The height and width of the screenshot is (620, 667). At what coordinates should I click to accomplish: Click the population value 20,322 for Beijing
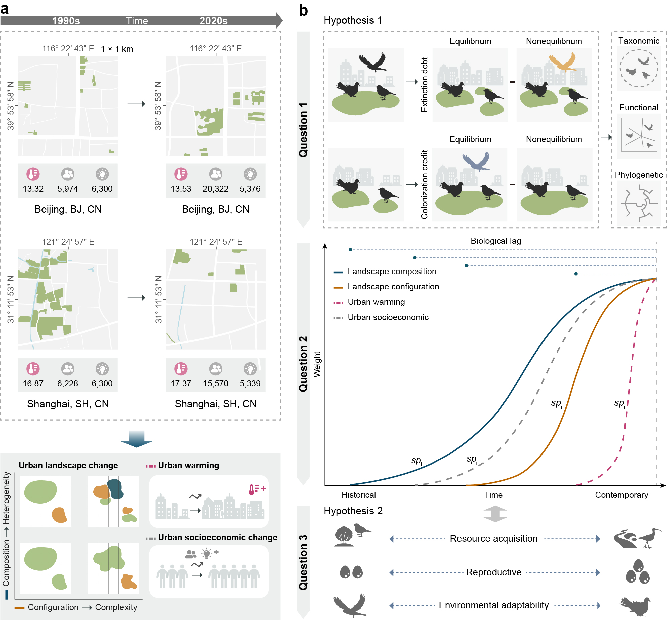click(215, 189)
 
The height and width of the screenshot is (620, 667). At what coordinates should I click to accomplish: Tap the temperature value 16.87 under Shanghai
click(33, 383)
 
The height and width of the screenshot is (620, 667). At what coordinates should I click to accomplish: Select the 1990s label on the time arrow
click(66, 21)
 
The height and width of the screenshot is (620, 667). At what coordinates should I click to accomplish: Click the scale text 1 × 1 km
click(117, 49)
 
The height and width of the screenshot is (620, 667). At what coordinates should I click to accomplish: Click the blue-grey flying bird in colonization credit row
click(476, 161)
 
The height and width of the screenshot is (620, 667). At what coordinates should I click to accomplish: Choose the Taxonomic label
click(639, 41)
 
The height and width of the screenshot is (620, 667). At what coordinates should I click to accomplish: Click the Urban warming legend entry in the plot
click(376, 302)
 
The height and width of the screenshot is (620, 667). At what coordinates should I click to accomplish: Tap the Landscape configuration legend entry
click(393, 287)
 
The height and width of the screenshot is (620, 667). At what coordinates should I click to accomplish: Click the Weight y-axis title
click(317, 364)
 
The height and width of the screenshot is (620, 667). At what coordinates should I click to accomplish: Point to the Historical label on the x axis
click(358, 495)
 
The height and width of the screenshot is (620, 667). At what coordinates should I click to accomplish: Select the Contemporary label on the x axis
click(621, 495)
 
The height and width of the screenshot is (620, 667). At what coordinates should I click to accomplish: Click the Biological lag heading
click(496, 241)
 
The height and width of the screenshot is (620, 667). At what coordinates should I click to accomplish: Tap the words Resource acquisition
click(493, 538)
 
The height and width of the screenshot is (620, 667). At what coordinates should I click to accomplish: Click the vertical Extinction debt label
click(424, 85)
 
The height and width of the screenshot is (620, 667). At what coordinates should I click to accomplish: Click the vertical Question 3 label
click(303, 562)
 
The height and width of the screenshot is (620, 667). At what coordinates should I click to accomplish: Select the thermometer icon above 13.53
click(181, 174)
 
